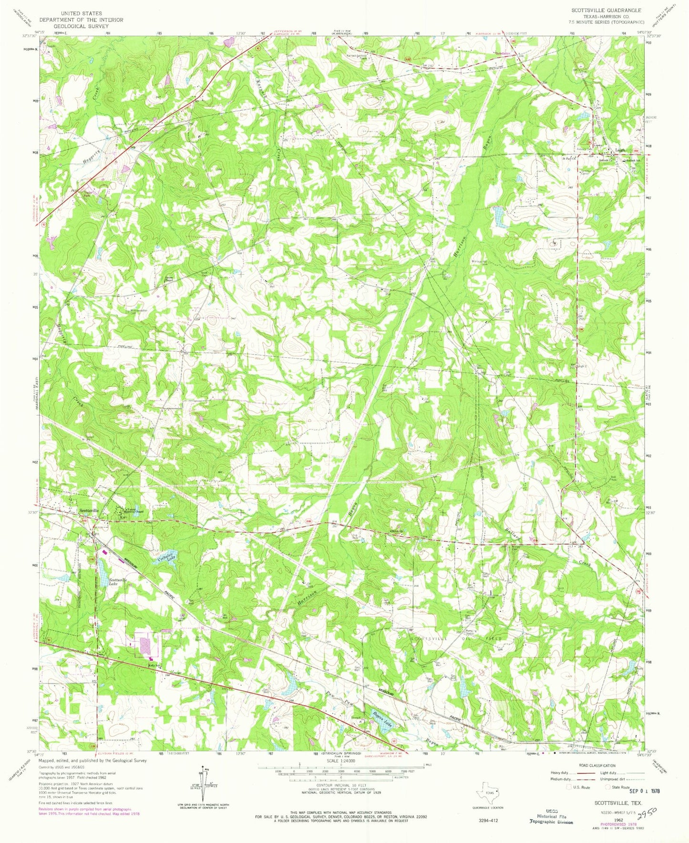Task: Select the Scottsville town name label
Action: coord(89,510)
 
